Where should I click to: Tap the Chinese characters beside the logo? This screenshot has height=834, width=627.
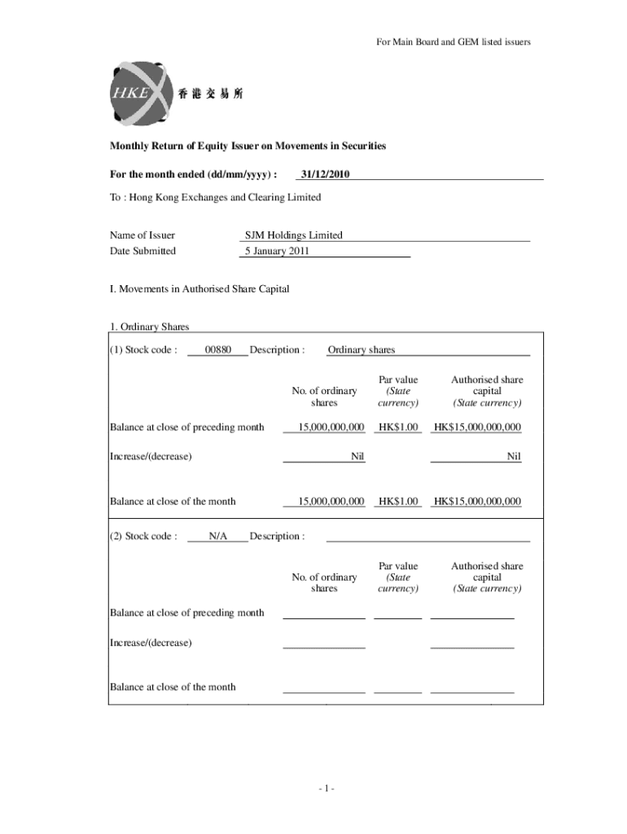(210, 94)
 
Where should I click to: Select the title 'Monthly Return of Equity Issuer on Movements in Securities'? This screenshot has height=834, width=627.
(248, 146)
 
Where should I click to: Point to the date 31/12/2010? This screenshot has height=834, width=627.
(325, 173)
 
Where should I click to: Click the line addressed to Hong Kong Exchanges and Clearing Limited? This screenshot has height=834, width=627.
(215, 197)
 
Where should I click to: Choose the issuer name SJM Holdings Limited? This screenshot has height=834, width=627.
(294, 235)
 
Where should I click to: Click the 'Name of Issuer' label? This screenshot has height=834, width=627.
(142, 235)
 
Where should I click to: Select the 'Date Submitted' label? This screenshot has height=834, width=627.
(142, 251)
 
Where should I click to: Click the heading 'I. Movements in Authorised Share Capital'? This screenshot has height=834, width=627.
(199, 289)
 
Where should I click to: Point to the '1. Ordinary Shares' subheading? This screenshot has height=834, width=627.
(149, 327)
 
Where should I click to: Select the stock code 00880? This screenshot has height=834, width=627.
(217, 350)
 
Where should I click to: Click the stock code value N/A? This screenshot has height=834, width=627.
(217, 536)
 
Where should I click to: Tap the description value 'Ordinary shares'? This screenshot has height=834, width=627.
(361, 350)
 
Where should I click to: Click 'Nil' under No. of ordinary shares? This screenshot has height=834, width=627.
(357, 456)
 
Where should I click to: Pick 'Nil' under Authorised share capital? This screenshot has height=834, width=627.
(513, 456)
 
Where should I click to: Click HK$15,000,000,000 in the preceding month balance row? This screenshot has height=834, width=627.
(477, 427)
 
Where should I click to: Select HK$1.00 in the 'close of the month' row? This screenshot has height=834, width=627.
(398, 502)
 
